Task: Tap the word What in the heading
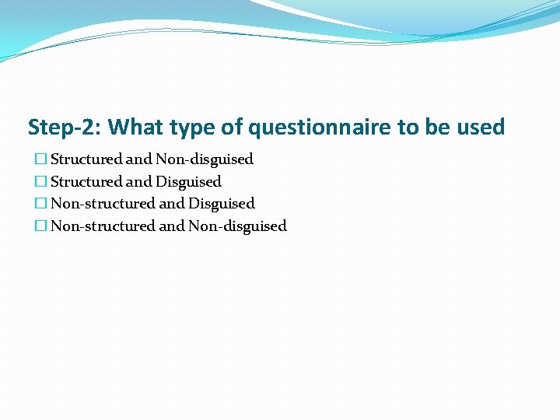pos(135,127)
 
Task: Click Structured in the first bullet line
pos(86,159)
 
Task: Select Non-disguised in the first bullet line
pos(205,159)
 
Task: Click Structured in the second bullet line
pos(86,182)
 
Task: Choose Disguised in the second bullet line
pos(188,182)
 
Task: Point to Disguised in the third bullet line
pos(222,204)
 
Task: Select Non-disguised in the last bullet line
pos(238,226)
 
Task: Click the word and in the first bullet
pos(139,159)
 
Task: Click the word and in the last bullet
pos(172,226)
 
